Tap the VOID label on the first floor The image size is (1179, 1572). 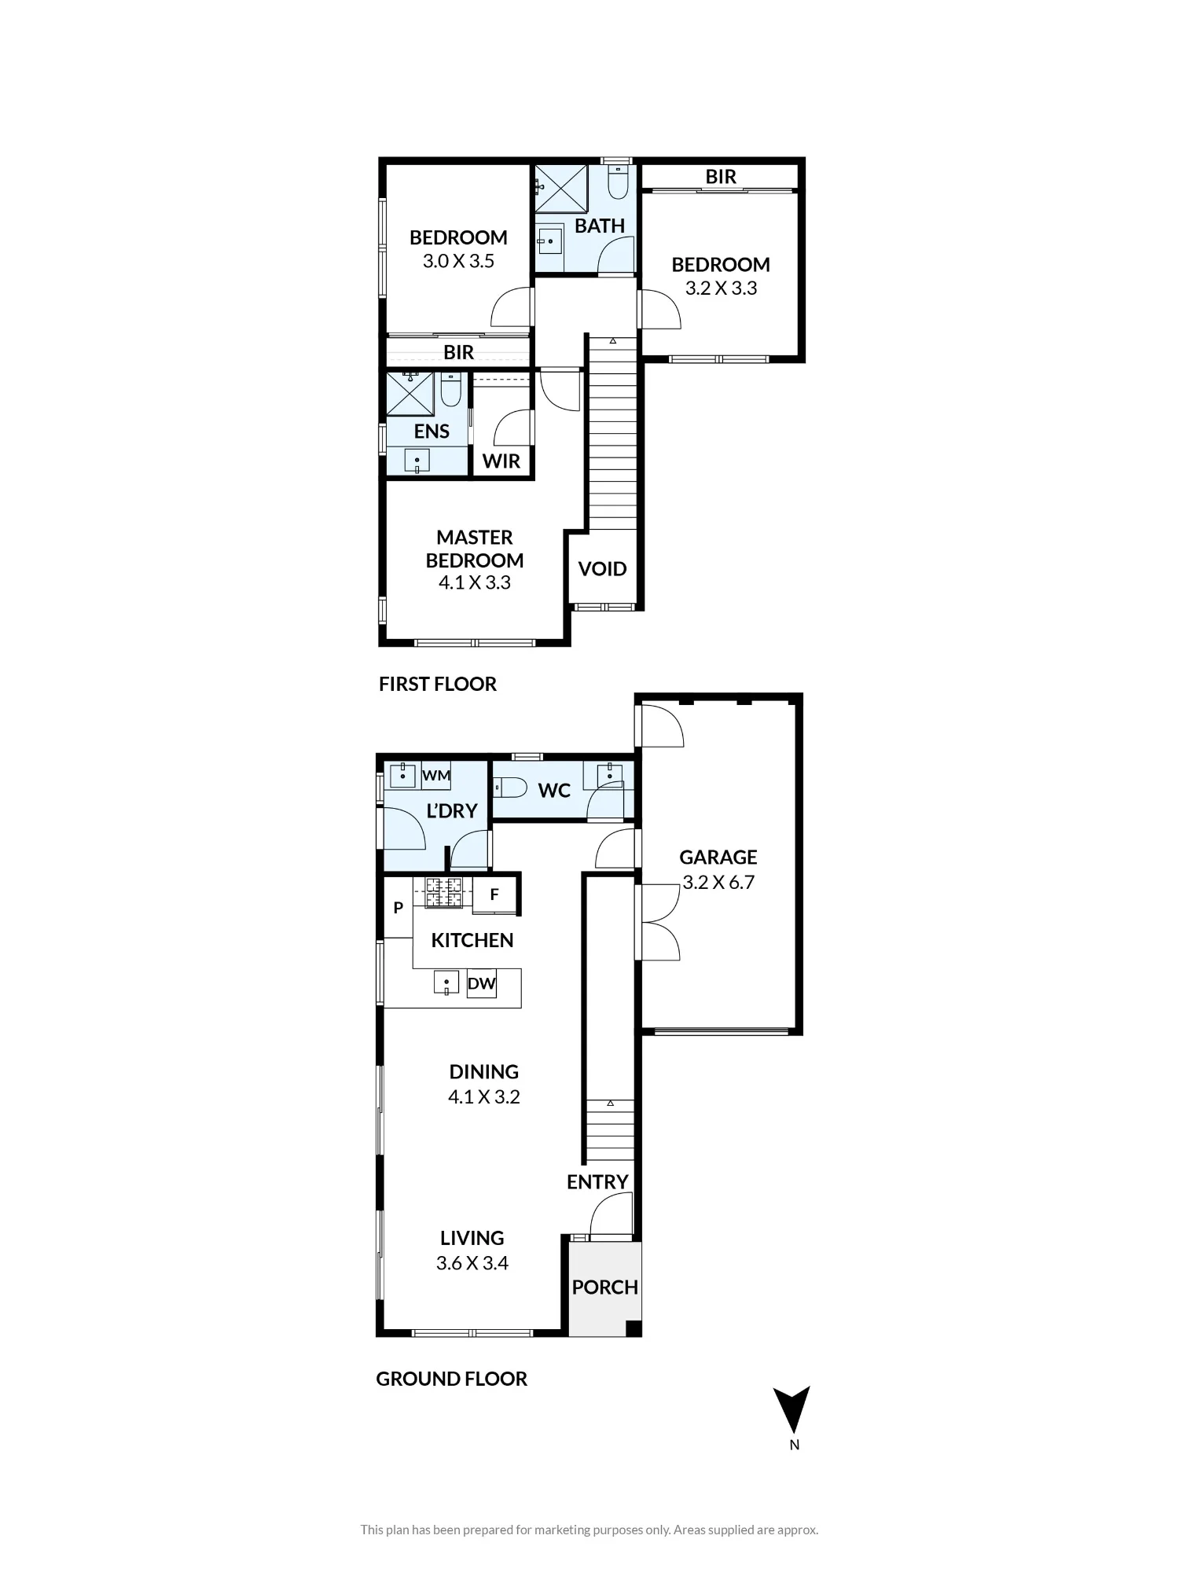602,569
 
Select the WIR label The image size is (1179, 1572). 501,461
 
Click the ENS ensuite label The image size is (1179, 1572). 432,432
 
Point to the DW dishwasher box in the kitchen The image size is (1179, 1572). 482,983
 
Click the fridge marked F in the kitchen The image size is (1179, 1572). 494,894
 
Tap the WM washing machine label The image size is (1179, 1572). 436,776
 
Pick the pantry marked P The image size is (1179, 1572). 399,908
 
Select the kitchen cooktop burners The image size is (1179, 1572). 444,892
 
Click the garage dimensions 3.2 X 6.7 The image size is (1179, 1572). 718,882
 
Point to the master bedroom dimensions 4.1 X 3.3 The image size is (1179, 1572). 475,582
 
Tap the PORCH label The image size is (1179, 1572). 604,1287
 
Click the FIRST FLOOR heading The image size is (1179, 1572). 438,684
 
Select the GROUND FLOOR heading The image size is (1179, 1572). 452,1379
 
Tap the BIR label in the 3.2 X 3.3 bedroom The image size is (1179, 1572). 721,177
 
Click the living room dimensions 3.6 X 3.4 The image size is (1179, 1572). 472,1263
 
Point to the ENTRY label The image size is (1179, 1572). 597,1182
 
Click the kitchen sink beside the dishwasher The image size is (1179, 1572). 446,982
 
